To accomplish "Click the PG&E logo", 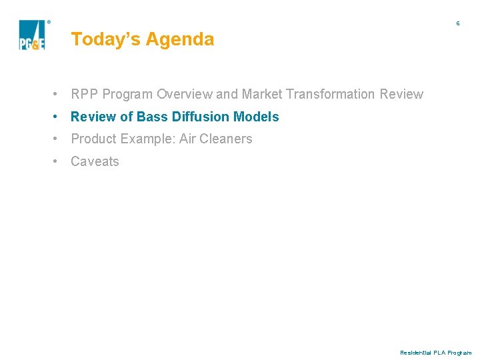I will click(32, 35).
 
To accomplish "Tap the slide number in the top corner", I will click(458, 23).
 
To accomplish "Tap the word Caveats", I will click(95, 161).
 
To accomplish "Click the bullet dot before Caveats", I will click(59, 161).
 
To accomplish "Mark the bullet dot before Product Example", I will click(59, 139).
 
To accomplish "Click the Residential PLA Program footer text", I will click(435, 352).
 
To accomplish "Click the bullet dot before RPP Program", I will click(59, 94).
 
